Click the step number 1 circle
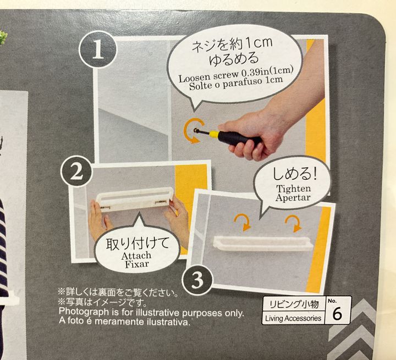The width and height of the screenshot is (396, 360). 98,49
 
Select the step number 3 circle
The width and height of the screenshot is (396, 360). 197,280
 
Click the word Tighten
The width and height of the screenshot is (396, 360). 293,189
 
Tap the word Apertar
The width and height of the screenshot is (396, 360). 293,197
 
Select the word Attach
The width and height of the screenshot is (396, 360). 136,256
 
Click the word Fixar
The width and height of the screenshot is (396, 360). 137,264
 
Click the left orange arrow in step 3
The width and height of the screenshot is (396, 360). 243,222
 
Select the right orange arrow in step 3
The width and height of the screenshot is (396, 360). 294,223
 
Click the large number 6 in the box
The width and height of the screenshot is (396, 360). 338,314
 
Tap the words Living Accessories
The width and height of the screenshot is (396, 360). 293,318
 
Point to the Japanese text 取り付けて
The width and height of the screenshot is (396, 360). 137,243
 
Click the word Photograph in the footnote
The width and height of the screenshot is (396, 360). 84,312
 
